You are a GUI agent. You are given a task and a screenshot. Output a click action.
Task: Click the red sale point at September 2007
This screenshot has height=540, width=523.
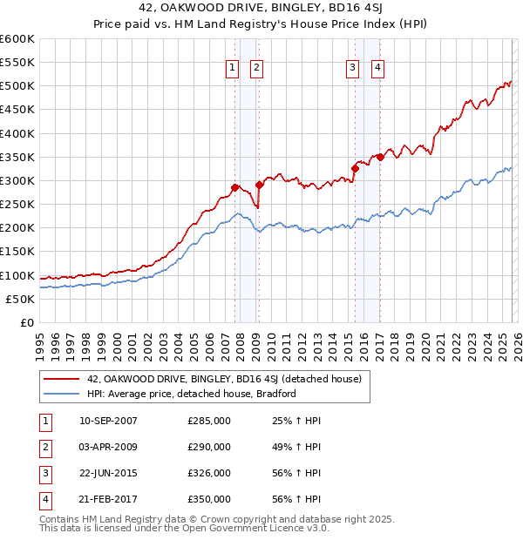pos(234,187)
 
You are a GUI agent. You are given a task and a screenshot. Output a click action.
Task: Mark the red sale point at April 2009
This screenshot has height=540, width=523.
pos(259,185)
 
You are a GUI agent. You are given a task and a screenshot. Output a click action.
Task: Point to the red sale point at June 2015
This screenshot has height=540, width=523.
pos(354,168)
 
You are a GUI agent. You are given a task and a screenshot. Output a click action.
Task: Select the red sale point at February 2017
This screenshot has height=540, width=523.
pos(379,157)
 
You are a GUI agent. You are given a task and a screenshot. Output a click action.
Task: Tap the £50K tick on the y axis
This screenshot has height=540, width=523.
pos(20,299)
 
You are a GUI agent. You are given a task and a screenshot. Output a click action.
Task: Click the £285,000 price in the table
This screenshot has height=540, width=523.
pos(209,421)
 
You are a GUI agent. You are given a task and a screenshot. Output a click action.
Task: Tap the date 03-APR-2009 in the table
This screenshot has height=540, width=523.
pos(108,447)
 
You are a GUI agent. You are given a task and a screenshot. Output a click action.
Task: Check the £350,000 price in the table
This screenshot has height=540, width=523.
pos(209,499)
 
